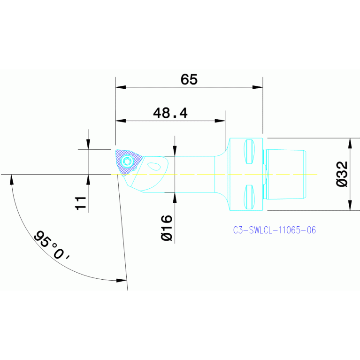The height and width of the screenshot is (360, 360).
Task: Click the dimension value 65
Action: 189,79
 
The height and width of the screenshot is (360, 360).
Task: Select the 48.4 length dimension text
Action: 170,113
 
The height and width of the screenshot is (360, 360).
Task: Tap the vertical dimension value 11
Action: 80,203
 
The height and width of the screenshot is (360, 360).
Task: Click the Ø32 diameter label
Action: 342,174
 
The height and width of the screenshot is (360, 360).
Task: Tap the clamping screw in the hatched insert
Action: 127,162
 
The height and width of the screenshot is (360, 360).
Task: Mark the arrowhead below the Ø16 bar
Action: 175,198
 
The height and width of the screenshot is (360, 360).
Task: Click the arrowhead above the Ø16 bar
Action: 175,150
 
